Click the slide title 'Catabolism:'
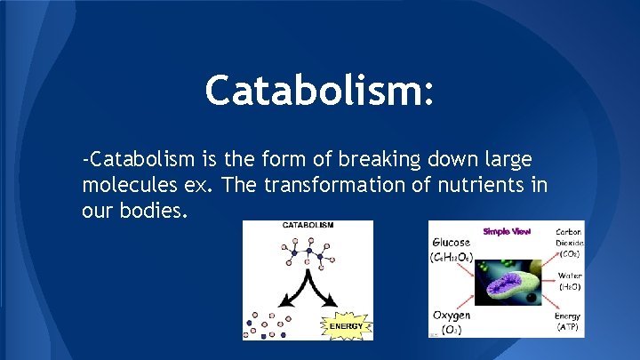[320, 91]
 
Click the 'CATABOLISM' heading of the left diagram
[308, 227]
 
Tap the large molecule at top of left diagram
[308, 255]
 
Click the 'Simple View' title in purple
[507, 231]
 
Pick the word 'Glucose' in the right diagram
[452, 243]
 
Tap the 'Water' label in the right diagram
[569, 276]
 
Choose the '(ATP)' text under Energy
[568, 328]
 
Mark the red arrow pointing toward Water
[544, 283]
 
